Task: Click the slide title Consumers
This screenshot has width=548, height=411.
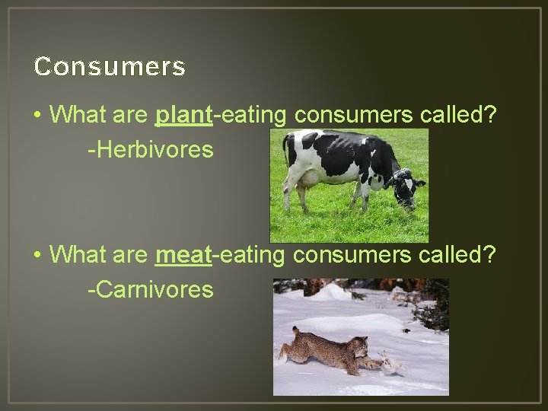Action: click(110, 67)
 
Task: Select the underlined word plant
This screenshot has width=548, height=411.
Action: click(183, 115)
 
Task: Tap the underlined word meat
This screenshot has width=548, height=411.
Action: click(183, 254)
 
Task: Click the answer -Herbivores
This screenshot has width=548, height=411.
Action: click(150, 150)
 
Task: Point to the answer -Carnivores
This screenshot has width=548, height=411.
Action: click(150, 289)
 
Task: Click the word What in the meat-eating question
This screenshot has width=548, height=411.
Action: click(77, 254)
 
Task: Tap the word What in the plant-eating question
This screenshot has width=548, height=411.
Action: click(77, 115)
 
